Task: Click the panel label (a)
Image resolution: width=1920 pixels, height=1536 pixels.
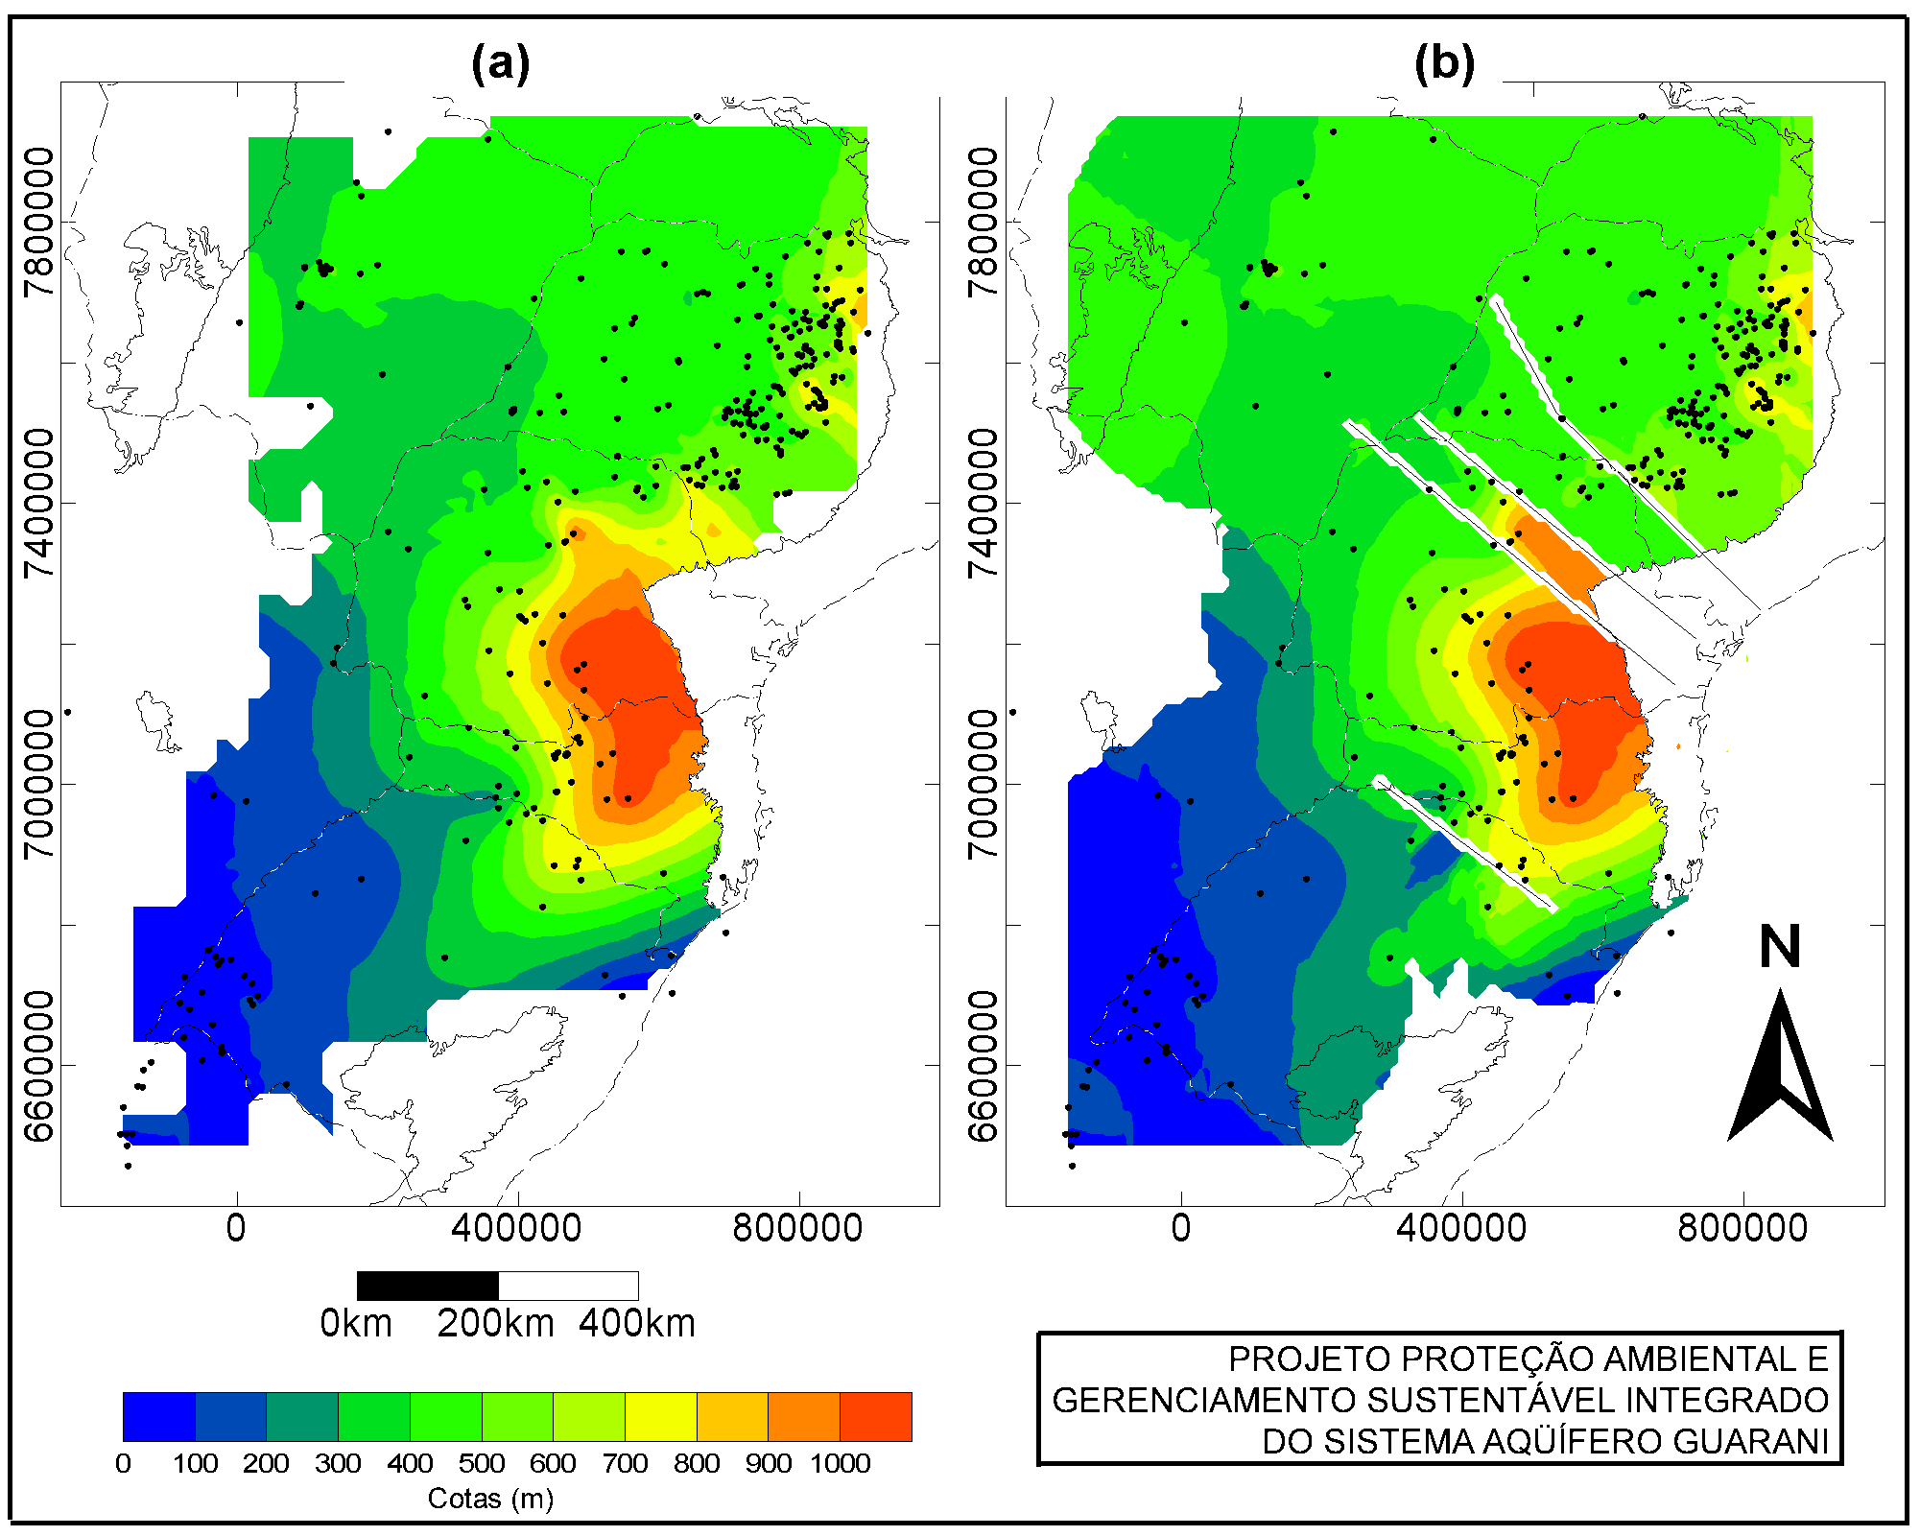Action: [500, 64]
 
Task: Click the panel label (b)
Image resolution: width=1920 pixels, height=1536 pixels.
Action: [1444, 64]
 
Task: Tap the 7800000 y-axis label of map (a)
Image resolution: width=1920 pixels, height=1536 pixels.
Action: [39, 223]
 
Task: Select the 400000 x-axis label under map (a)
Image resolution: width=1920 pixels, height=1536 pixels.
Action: [516, 1229]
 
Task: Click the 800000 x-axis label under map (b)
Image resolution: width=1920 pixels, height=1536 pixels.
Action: [1742, 1229]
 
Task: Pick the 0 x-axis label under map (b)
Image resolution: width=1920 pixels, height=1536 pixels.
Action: [1181, 1229]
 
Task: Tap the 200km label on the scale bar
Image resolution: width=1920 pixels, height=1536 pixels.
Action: [496, 1324]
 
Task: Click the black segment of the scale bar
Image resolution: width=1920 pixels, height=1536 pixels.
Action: [428, 1286]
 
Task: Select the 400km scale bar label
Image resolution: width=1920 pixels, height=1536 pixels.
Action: [637, 1324]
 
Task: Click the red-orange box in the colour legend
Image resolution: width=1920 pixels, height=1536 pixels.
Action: [876, 1417]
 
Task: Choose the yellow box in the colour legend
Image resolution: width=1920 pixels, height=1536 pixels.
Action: [660, 1417]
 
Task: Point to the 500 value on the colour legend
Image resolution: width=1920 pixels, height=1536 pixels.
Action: [482, 1464]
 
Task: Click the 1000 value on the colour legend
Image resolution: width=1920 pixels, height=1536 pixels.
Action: [841, 1464]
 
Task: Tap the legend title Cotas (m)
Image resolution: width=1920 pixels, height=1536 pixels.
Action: [490, 1499]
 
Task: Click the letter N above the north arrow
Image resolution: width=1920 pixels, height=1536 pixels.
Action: [1780, 947]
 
